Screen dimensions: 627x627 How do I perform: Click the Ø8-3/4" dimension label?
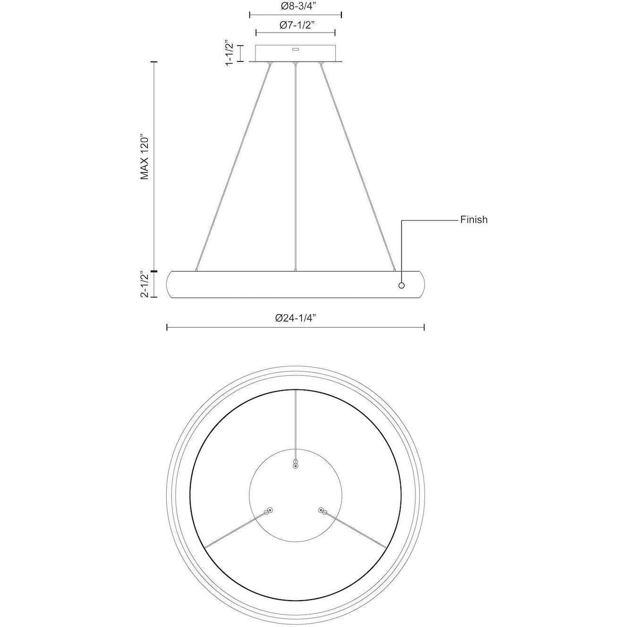pos(295,7)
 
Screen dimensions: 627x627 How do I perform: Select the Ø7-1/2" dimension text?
pos(295,25)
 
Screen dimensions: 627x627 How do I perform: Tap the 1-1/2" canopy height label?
pos(230,53)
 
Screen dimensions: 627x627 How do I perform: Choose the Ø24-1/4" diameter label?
pos(295,318)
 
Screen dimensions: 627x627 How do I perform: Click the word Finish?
pos(474,220)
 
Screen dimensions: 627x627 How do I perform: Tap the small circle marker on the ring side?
pos(402,285)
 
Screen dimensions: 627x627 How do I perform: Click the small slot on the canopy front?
pos(295,49)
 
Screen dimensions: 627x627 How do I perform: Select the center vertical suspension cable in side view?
pos(295,165)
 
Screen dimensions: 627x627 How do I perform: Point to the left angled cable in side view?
pos(234,165)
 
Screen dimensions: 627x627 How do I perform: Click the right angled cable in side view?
pos(357,165)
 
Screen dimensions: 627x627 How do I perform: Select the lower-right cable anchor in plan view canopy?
pos(322,510)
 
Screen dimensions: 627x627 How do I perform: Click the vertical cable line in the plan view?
pos(295,425)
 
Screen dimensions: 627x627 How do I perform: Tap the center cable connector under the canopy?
pos(295,63)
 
